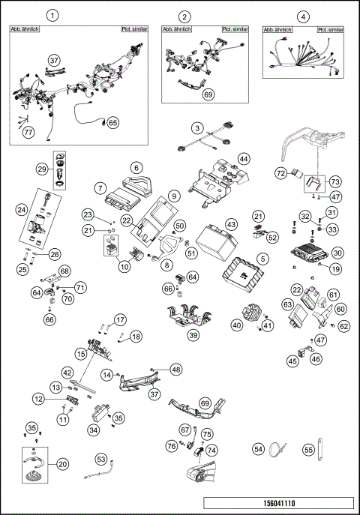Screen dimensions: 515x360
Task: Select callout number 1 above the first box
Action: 52,15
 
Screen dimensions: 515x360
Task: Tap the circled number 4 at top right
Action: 302,16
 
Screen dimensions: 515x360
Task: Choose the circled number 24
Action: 22,210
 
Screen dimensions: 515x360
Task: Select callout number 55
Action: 308,449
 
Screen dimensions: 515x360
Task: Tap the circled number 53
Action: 101,457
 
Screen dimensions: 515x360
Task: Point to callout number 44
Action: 244,159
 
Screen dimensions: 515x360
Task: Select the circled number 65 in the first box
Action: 112,122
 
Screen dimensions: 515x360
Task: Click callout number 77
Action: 28,133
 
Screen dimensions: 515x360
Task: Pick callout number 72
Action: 280,173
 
